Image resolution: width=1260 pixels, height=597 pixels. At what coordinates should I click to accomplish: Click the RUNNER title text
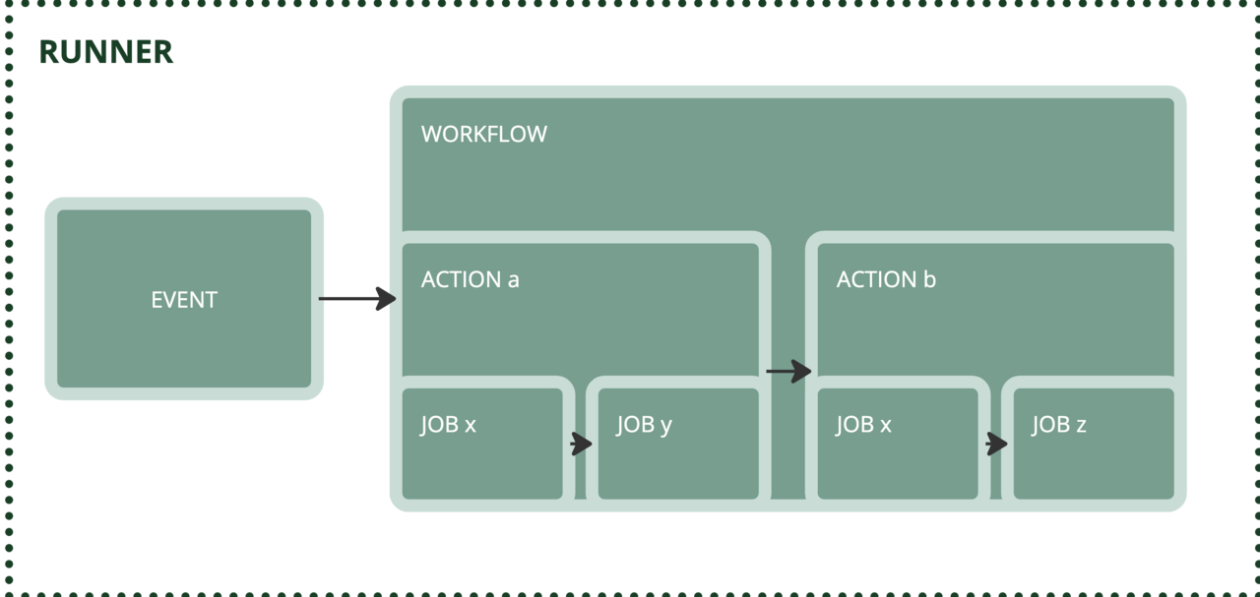pyautogui.click(x=106, y=52)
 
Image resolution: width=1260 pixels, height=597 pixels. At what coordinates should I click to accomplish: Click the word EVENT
pyautogui.click(x=184, y=300)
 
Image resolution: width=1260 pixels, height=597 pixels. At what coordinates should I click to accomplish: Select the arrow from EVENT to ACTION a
pyautogui.click(x=356, y=298)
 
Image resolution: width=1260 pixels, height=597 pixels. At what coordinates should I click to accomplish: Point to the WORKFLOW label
pyautogui.click(x=483, y=135)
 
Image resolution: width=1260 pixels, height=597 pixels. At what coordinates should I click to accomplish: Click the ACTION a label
pyautogui.click(x=470, y=279)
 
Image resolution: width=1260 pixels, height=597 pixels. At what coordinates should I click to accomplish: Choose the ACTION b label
pyautogui.click(x=886, y=279)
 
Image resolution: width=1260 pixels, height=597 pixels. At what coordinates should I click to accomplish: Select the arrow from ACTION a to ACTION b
pyautogui.click(x=788, y=371)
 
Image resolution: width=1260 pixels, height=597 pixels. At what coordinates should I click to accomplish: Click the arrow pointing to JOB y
pyautogui.click(x=581, y=445)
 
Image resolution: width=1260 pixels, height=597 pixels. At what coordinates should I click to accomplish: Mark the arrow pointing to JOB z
pyautogui.click(x=996, y=445)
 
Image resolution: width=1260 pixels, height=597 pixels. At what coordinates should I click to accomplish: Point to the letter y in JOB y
pyautogui.click(x=666, y=427)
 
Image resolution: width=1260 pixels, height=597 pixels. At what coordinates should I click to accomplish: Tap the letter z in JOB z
pyautogui.click(x=1081, y=425)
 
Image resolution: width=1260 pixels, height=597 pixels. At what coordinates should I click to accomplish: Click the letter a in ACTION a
pyautogui.click(x=513, y=280)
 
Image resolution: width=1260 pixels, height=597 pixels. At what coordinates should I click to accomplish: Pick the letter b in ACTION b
pyautogui.click(x=929, y=279)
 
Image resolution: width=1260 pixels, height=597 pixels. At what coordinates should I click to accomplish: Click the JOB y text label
pyautogui.click(x=645, y=425)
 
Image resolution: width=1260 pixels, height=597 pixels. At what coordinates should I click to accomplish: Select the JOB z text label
pyautogui.click(x=1059, y=425)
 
